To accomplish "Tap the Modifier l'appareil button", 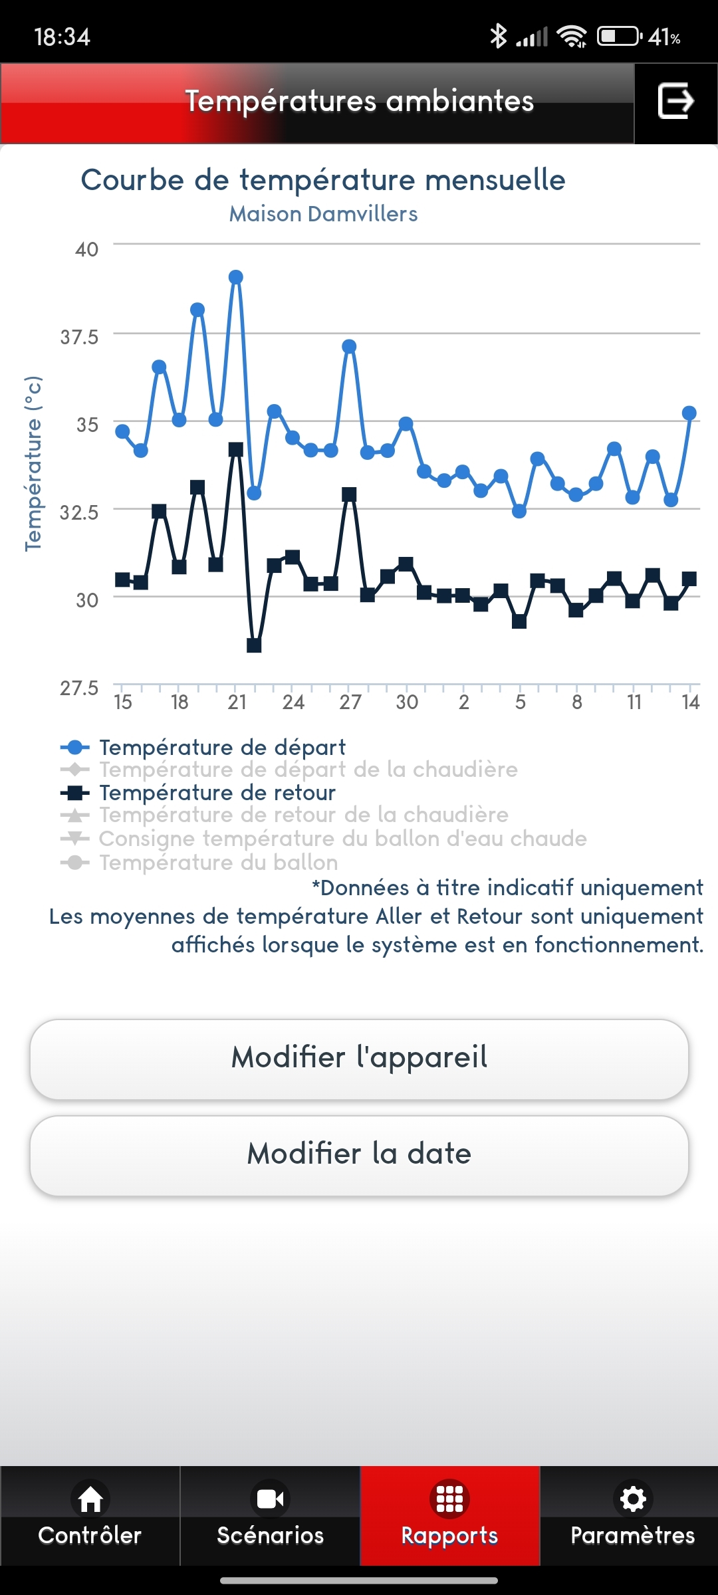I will pyautogui.click(x=359, y=1059).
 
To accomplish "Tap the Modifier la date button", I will pyautogui.click(x=359, y=1155).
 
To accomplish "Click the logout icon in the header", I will pyautogui.click(x=675, y=101).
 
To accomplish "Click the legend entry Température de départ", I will pyautogui.click(x=222, y=748).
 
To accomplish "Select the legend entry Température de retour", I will pyautogui.click(x=217, y=793).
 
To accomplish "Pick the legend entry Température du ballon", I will pyautogui.click(x=218, y=863).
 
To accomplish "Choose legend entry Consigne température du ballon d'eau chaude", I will pyautogui.click(x=342, y=839).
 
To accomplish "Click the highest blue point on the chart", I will pyautogui.click(x=236, y=277).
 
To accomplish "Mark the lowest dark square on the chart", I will pyautogui.click(x=254, y=645).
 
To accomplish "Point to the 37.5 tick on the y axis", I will pyautogui.click(x=80, y=337).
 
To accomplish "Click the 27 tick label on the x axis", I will pyautogui.click(x=350, y=702).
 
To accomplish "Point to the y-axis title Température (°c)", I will pyautogui.click(x=33, y=463).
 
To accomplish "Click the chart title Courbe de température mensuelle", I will pyautogui.click(x=323, y=180).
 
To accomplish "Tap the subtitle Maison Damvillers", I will pyautogui.click(x=323, y=214).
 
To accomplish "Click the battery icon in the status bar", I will pyautogui.click(x=618, y=36).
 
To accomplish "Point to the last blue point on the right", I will pyautogui.click(x=689, y=413).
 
